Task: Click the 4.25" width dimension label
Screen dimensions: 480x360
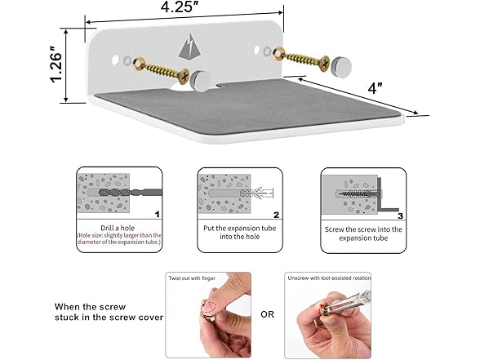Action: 180,7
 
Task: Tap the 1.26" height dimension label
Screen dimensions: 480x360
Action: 56,64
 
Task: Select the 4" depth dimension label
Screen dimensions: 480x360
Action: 376,88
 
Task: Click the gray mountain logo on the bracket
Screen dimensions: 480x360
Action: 189,47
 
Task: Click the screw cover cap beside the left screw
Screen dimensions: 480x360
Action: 200,81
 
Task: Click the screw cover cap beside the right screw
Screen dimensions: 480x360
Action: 341,66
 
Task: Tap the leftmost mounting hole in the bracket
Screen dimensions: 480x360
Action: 115,60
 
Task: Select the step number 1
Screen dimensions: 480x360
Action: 157,215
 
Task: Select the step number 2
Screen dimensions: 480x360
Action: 277,215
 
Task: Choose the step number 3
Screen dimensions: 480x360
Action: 400,216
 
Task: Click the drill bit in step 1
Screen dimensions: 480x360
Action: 131,193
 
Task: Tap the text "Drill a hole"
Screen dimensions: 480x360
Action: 118,228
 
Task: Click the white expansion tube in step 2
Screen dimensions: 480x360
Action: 257,193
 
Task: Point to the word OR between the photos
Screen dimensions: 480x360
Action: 267,314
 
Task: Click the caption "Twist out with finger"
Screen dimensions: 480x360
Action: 192,278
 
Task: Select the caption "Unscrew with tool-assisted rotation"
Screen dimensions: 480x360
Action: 329,278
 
